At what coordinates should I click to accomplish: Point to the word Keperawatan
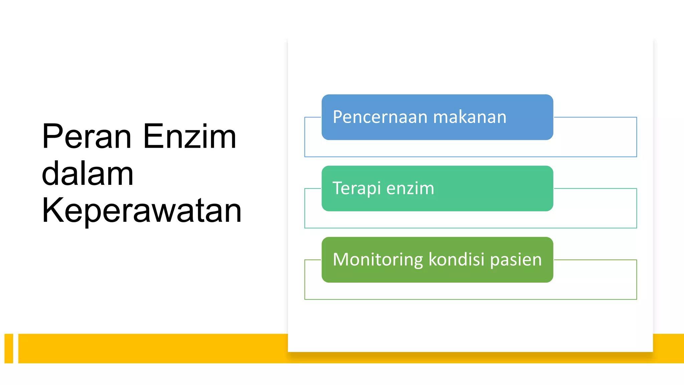click(142, 211)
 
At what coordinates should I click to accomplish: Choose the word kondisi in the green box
click(456, 260)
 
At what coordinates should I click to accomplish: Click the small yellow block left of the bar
click(9, 348)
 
